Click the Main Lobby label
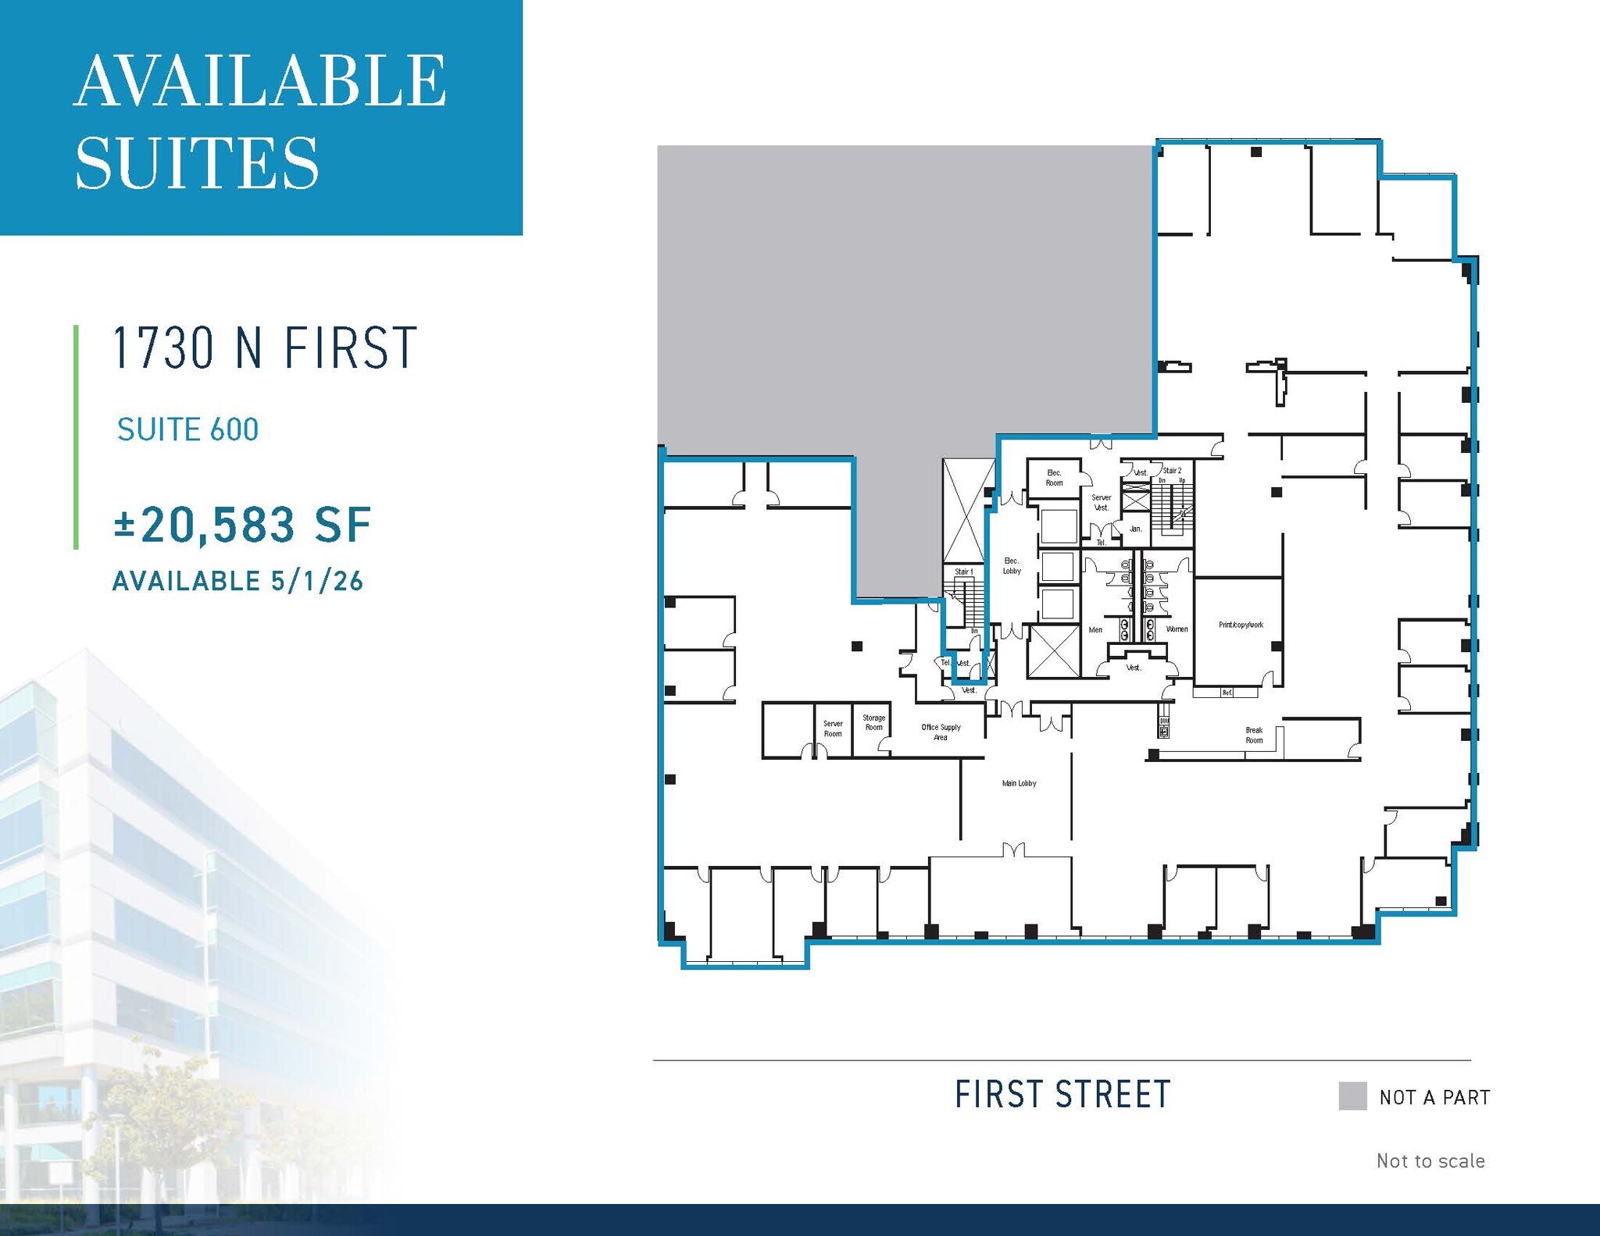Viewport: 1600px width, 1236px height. tap(1019, 783)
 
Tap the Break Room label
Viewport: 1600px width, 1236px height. tap(1254, 736)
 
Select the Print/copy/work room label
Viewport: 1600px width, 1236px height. tap(1241, 625)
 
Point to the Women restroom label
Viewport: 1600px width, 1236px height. tap(1177, 629)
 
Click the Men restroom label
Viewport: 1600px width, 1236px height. tap(1095, 630)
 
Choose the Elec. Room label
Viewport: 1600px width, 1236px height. tap(1054, 478)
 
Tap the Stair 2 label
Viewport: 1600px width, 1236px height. tap(1172, 471)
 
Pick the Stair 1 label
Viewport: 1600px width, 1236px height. tap(963, 572)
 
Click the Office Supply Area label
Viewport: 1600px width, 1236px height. tap(941, 732)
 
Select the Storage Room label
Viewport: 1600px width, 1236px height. tap(873, 722)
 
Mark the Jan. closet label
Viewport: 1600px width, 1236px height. tap(1135, 529)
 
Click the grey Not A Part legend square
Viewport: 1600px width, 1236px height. tap(1352, 1096)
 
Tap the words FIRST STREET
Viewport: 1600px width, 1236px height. tap(1062, 1095)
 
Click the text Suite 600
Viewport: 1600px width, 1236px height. tap(187, 429)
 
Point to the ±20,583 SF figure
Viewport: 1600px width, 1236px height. tap(242, 525)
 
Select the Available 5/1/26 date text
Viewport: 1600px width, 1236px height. tap(237, 581)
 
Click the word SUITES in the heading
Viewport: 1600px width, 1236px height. tap(197, 163)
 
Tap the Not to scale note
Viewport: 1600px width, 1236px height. tap(1430, 1161)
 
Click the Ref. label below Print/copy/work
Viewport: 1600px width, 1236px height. tap(1227, 693)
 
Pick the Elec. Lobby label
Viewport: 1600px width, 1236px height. tap(1012, 566)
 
